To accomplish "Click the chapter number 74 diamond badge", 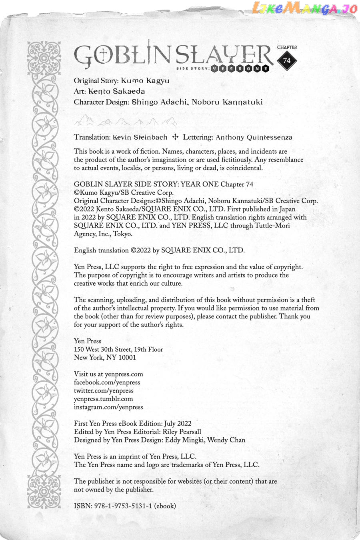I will pos(287,61).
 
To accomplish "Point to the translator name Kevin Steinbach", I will pos(140,137).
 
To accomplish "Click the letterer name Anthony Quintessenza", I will pos(254,137).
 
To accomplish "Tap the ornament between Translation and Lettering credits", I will pos(175,137).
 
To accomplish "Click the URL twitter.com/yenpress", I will pos(104,390).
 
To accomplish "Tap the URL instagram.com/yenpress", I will pos(108,407).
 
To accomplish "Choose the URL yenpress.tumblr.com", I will pos(103,399).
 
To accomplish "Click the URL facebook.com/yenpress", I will pos(107,382).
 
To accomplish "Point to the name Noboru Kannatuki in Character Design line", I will pos(227,102).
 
